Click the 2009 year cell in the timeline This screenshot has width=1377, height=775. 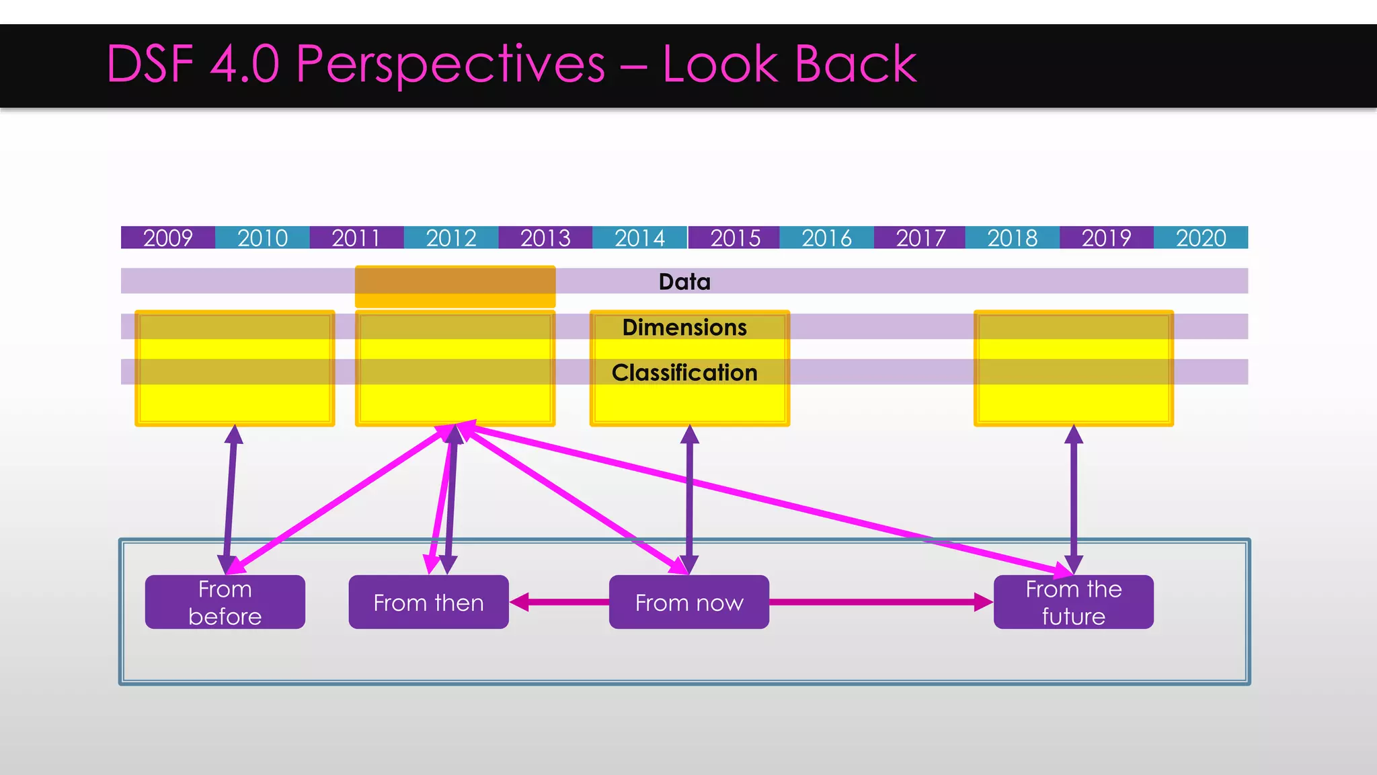pos(168,237)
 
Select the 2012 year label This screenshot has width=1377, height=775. pos(451,237)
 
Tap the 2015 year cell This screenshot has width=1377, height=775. pos(734,237)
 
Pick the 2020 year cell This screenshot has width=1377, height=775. pos(1201,237)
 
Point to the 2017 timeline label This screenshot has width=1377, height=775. pos(920,237)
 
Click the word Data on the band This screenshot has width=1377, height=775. pos(684,281)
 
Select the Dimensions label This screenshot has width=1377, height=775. pos(684,327)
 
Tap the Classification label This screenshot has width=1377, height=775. pos(684,372)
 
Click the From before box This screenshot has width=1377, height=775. pos(225,602)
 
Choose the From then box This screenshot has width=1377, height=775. pos(428,602)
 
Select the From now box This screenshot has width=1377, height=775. pos(689,602)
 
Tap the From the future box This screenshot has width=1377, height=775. pos(1073,602)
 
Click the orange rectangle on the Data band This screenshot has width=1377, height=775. pos(455,287)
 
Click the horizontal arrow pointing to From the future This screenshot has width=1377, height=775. pos(881,602)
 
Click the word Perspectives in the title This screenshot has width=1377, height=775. pos(450,64)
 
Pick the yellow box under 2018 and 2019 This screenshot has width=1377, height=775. pos(1074,368)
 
